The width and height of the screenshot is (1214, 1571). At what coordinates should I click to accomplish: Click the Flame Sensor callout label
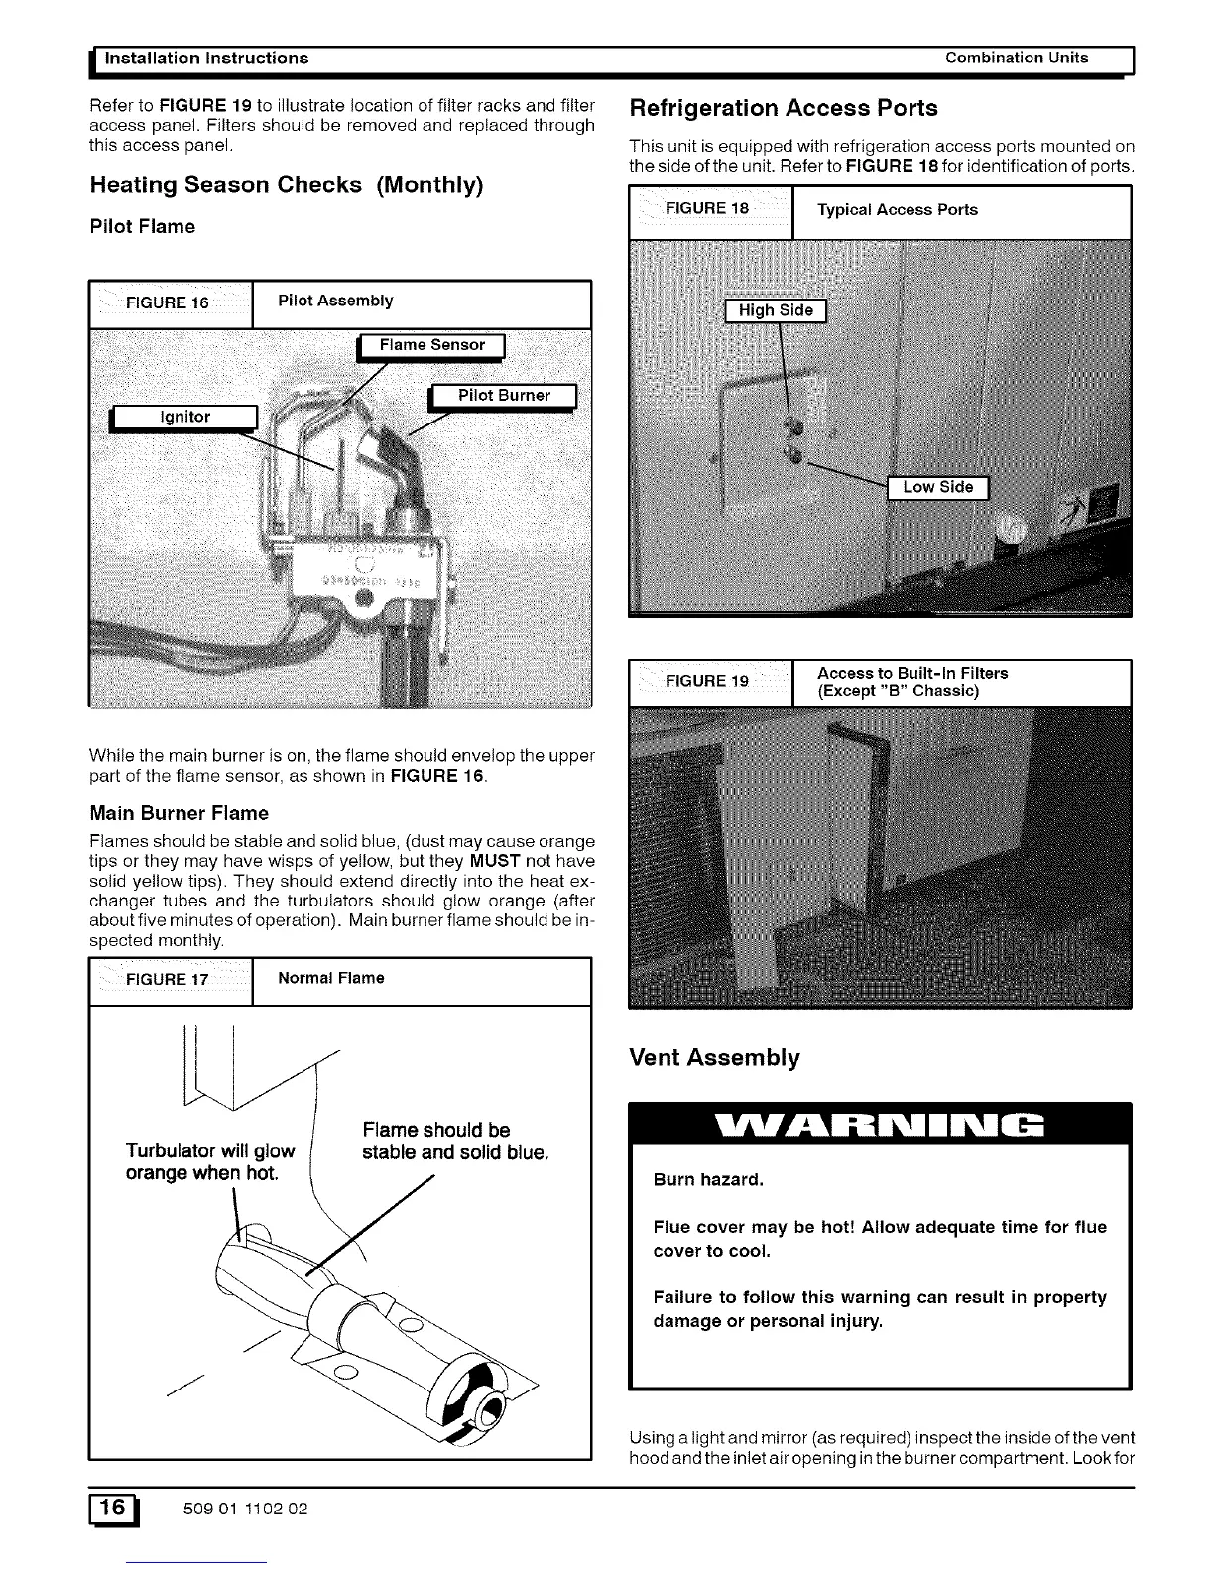pos(431,345)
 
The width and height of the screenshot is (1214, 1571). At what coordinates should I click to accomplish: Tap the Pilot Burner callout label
pos(503,395)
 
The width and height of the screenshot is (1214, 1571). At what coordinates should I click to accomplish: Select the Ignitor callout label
pos(184,418)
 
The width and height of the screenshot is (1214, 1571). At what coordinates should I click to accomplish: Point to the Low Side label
pos(937,487)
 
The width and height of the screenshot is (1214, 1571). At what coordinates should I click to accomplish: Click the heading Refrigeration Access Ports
pos(784,108)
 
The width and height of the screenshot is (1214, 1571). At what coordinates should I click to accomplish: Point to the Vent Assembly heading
pos(714,1057)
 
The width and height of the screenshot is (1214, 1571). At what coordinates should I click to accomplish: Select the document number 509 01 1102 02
pos(245,1509)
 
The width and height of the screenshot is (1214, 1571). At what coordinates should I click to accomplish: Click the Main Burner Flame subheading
pos(179,813)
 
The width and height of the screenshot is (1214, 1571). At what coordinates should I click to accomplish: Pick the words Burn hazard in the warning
pos(708,1180)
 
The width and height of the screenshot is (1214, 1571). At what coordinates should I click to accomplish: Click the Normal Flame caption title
pos(331,978)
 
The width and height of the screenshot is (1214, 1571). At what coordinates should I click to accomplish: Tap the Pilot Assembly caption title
pos(335,301)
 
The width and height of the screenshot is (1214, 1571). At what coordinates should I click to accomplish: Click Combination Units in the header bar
pos(1017,58)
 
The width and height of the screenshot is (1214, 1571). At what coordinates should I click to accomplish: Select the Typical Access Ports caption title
pos(897,209)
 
